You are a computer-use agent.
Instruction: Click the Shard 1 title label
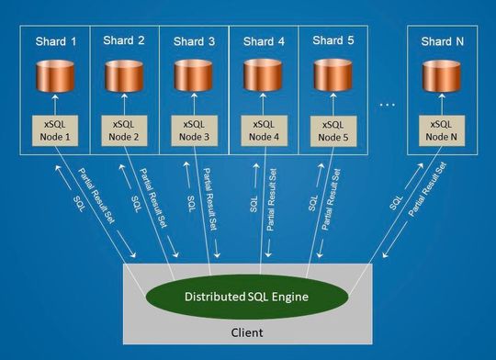tap(55, 41)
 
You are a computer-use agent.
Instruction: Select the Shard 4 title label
tap(264, 41)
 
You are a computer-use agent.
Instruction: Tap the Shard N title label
tap(443, 41)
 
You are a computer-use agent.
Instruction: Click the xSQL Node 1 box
tap(55, 130)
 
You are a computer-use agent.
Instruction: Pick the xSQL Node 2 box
tap(124, 130)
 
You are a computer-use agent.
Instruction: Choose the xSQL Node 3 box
tap(192, 130)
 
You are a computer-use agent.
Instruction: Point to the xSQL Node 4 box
tap(264, 130)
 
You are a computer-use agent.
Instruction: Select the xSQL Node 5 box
tap(333, 130)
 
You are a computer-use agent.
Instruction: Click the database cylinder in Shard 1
tap(55, 77)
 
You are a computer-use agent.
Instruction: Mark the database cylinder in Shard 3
tap(192, 77)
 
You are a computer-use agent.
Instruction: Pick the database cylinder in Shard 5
tap(333, 77)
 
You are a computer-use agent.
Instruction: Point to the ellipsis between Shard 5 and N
tap(387, 106)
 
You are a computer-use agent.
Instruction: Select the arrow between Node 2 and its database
tap(124, 104)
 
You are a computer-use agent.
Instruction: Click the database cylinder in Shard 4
tap(264, 77)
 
